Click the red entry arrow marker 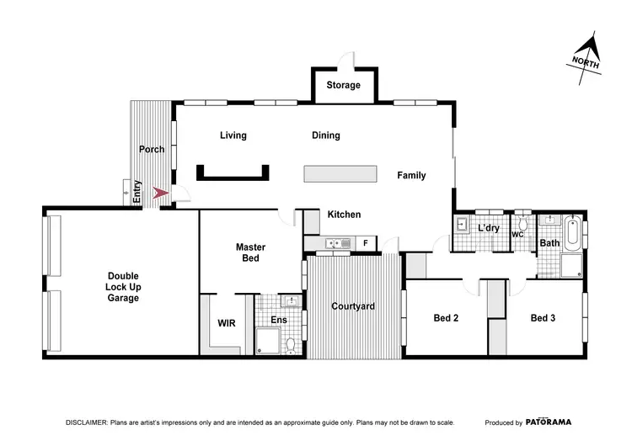pos(160,194)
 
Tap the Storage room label pos(343,85)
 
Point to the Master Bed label pos(250,252)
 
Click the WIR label pos(226,322)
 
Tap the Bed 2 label pos(446,318)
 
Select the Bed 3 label pos(543,318)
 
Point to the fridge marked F pos(365,244)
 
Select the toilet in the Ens pos(291,344)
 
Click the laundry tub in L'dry pos(463,225)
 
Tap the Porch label pos(152,149)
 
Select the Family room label pos(411,176)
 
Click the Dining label pos(325,135)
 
